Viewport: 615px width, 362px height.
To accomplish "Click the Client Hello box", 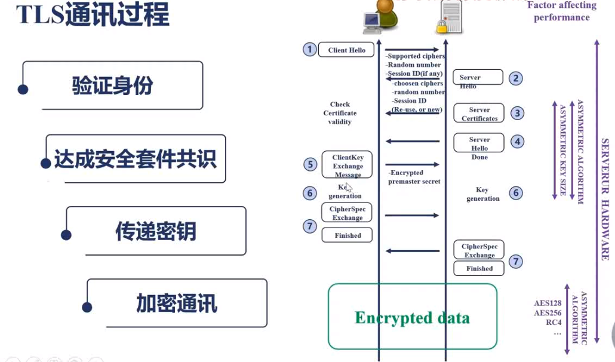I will click(346, 50).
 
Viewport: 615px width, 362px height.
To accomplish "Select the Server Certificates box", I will click(479, 113).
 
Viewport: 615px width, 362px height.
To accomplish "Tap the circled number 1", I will click(309, 49).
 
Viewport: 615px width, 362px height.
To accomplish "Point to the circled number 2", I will click(515, 78).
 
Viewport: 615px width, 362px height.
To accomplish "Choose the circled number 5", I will click(309, 164).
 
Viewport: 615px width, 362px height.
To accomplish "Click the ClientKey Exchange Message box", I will click(347, 165).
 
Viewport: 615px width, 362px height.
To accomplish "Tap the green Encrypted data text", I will click(412, 317).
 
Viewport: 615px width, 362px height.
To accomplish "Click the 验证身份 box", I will click(112, 85).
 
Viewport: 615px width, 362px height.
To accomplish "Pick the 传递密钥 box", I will click(155, 231).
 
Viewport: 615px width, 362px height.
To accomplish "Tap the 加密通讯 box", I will click(177, 303).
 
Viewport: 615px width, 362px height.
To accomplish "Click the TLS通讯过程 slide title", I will click(93, 15).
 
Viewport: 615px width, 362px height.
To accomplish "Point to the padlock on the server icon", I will click(442, 26).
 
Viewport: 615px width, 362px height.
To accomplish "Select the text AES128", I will click(548, 303).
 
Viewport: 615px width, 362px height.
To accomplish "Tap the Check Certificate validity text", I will click(340, 113).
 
